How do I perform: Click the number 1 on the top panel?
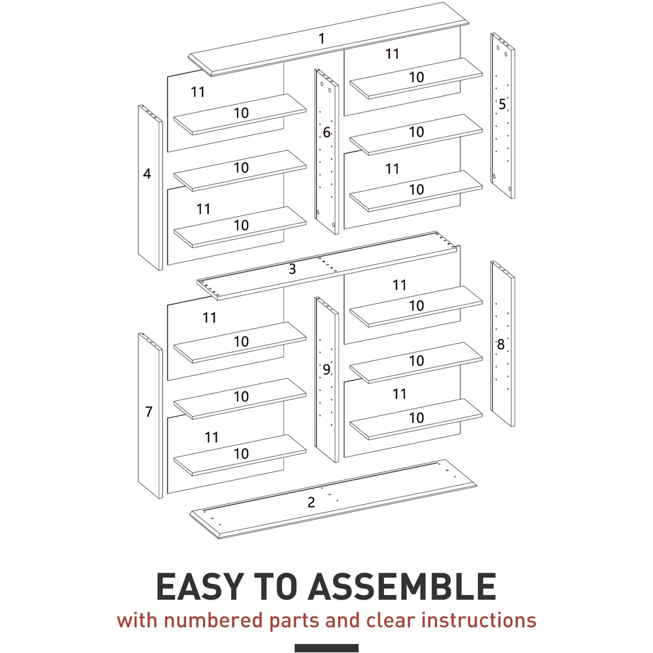coord(321,39)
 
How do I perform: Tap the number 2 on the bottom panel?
coord(311,503)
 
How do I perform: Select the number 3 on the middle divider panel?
coord(293,269)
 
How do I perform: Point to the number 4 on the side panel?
coord(147,174)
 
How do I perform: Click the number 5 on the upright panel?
coord(502,104)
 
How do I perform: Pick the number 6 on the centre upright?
coord(326,133)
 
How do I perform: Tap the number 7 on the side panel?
coord(149,411)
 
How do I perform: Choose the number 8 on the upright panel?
coord(501,344)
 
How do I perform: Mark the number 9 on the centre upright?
coord(326,370)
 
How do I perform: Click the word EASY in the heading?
coord(199,586)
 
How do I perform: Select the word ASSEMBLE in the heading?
coord(402,586)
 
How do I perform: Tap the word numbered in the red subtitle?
coord(214,620)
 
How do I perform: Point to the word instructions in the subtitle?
coord(479,620)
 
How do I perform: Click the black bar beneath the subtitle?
coord(326,648)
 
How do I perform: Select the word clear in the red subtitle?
coord(391,620)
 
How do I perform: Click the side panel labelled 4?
coord(150,187)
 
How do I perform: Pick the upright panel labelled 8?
coord(503,343)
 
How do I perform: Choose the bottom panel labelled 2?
coord(333,500)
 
